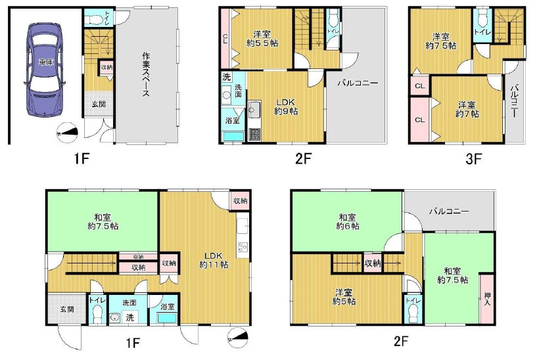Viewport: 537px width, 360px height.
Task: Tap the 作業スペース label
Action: coord(146,74)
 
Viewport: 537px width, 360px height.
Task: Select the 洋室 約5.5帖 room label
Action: coord(262,39)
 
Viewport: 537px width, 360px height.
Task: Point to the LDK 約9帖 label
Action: coord(286,107)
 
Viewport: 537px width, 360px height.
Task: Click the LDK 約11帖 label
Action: coord(214,260)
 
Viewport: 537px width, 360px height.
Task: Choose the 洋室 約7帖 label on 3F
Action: coord(467,110)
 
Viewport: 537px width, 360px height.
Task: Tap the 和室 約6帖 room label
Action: coord(348,221)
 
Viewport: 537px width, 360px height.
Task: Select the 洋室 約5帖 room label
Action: coord(344,297)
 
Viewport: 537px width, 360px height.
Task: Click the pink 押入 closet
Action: coord(487,299)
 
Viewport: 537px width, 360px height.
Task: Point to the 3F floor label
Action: coord(473,158)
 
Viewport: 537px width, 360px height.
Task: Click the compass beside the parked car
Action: coord(68,132)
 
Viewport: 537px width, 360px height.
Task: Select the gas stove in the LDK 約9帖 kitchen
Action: coord(254,135)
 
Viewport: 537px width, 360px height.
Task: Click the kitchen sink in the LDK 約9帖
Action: coord(254,109)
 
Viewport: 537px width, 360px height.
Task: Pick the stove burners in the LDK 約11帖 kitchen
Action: coord(243,247)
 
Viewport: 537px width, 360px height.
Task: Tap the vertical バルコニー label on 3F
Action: coord(514,102)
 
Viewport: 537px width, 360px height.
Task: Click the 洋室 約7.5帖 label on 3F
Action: coord(441,41)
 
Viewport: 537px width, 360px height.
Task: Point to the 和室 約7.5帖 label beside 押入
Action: coord(452,275)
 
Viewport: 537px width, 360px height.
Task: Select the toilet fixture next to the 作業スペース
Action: coord(94,20)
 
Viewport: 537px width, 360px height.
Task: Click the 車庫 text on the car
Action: coord(45,62)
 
